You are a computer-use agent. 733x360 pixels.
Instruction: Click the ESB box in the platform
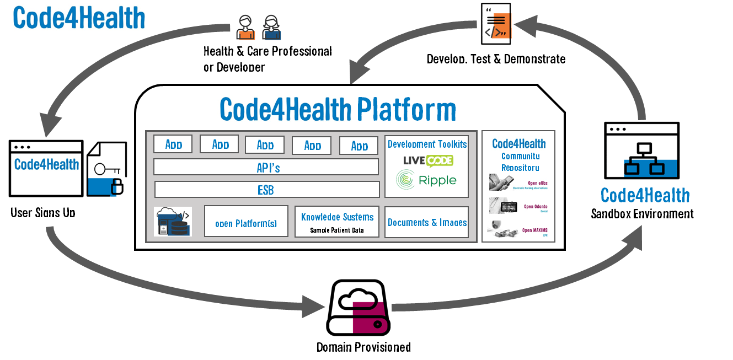(x=267, y=190)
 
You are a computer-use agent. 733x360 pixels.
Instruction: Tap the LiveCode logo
(x=427, y=160)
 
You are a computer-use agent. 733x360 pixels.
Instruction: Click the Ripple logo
(x=426, y=180)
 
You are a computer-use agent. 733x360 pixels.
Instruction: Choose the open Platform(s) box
(x=246, y=222)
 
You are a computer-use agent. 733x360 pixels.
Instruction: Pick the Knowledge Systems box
(x=337, y=222)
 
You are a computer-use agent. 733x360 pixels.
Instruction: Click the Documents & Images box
(x=427, y=222)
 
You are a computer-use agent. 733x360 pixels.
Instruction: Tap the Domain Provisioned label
(x=363, y=347)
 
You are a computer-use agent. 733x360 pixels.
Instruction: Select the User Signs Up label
(x=43, y=213)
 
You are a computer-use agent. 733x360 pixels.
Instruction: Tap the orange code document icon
(x=496, y=23)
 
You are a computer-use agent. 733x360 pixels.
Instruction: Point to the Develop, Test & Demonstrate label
(x=496, y=58)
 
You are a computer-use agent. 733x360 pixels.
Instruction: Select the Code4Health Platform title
(x=338, y=109)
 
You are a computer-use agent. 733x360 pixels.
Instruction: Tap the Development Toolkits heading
(x=427, y=144)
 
